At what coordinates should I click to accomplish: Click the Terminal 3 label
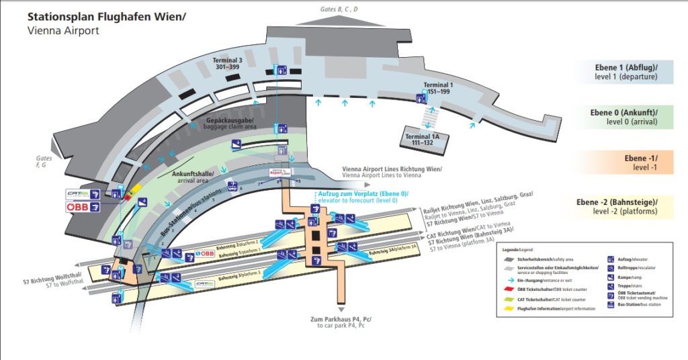point(227,63)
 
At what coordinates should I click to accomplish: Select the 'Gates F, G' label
point(45,161)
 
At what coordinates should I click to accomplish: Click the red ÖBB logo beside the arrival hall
point(78,208)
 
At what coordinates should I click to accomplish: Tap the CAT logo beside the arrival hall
point(78,194)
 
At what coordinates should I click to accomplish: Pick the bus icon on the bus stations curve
point(232,186)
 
